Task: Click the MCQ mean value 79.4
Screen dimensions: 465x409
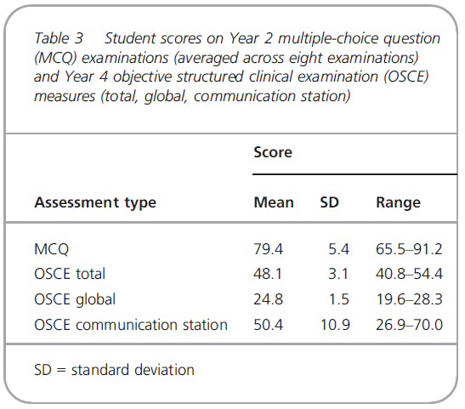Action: pyautogui.click(x=268, y=249)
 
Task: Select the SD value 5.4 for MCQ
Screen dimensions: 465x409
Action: pyautogui.click(x=338, y=249)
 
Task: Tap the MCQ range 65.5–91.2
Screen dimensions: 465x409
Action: pyautogui.click(x=409, y=249)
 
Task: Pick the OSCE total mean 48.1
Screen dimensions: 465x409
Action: pyautogui.click(x=268, y=274)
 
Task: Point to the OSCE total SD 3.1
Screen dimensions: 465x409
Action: pyautogui.click(x=338, y=274)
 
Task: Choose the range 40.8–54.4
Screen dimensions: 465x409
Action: pyautogui.click(x=409, y=274)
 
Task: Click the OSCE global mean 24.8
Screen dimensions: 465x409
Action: pyautogui.click(x=268, y=299)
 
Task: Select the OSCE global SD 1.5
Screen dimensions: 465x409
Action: pyautogui.click(x=339, y=299)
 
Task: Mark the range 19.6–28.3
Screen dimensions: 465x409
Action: pyautogui.click(x=409, y=299)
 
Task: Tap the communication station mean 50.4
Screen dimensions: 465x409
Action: pyautogui.click(x=268, y=325)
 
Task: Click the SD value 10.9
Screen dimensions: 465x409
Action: pyautogui.click(x=335, y=325)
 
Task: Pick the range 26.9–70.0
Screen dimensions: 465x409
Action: pyautogui.click(x=409, y=325)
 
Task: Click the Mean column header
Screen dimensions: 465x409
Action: pyautogui.click(x=274, y=202)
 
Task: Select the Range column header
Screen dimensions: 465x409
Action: pyautogui.click(x=399, y=203)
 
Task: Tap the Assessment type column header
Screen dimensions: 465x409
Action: pyautogui.click(x=95, y=203)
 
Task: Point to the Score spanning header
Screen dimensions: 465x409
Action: pyautogui.click(x=273, y=152)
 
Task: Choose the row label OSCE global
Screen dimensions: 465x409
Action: pyautogui.click(x=75, y=300)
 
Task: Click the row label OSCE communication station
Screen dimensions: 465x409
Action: pyautogui.click(x=131, y=325)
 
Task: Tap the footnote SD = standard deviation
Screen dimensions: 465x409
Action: pyautogui.click(x=114, y=370)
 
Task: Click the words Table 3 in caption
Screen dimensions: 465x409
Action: pyautogui.click(x=59, y=38)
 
